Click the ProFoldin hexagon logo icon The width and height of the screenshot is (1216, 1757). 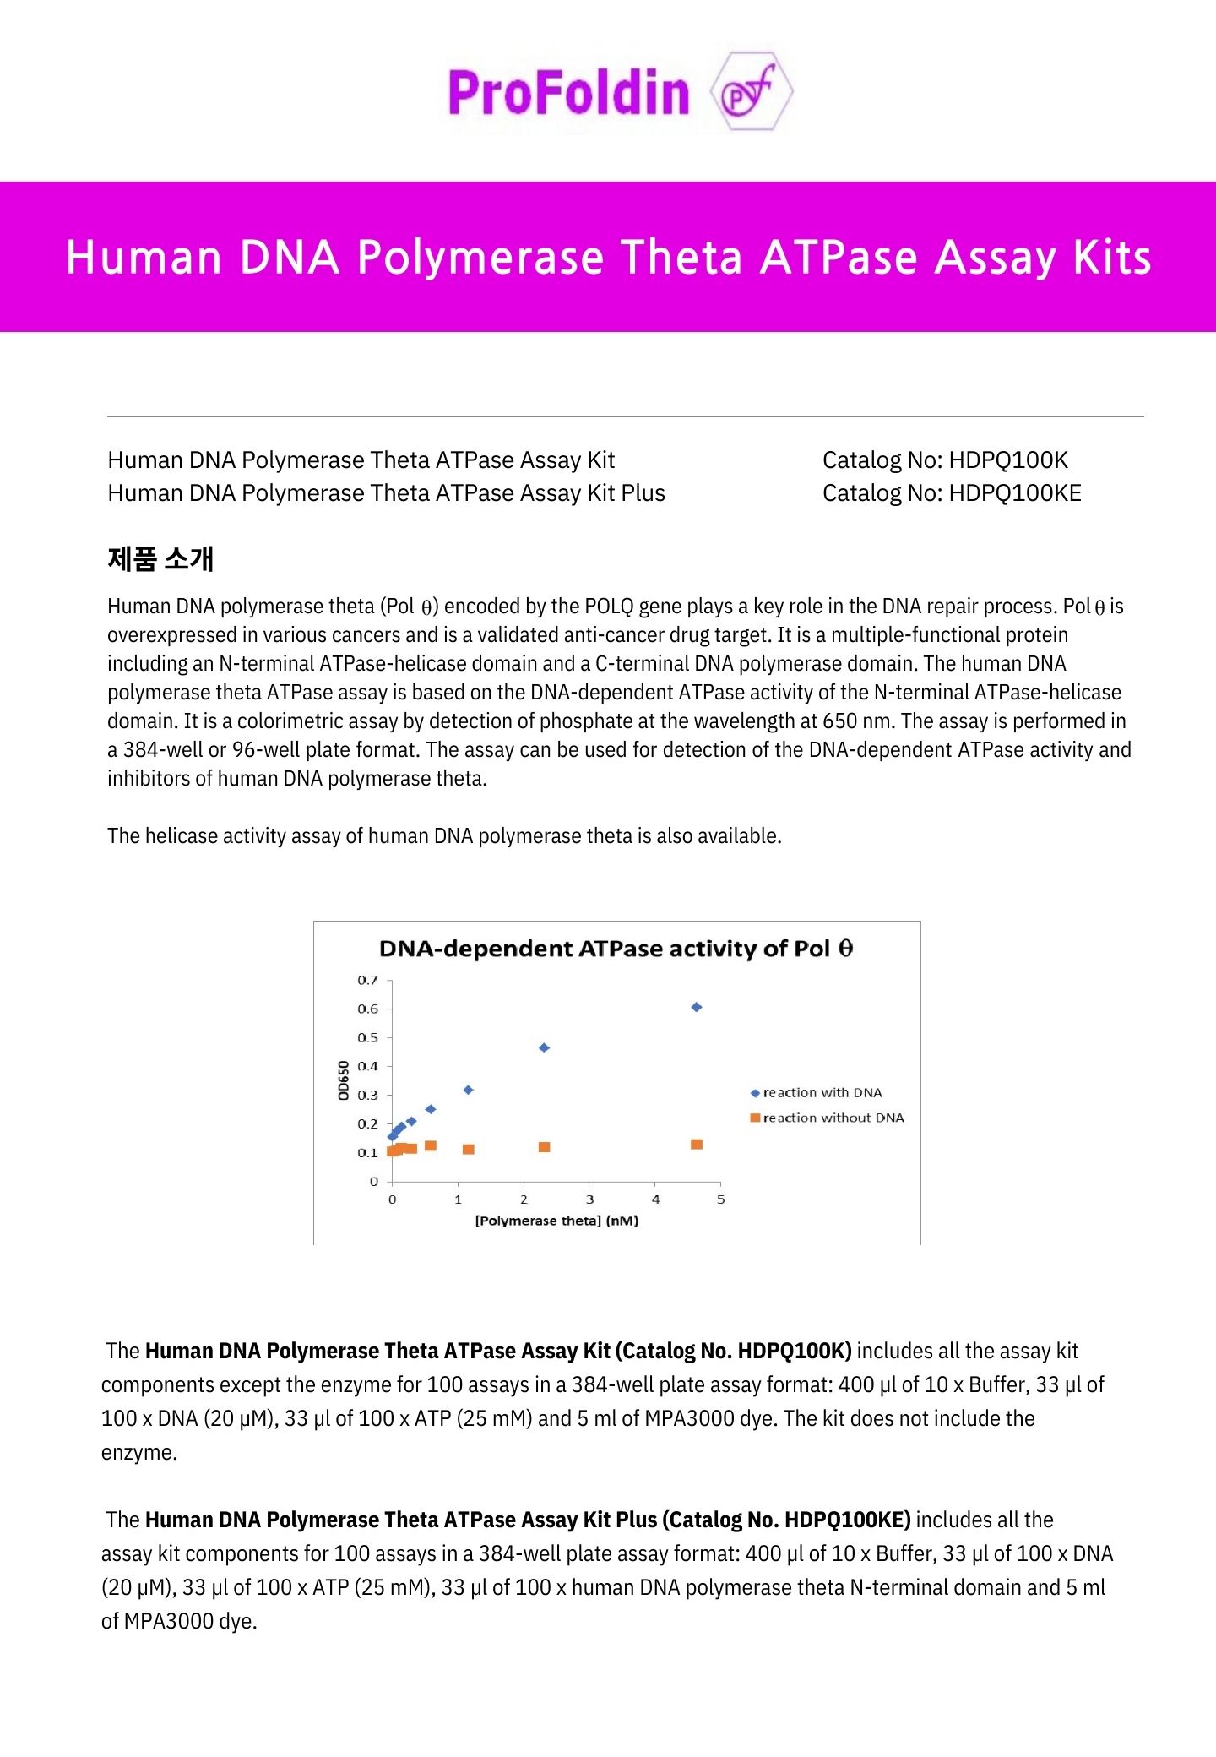(x=751, y=92)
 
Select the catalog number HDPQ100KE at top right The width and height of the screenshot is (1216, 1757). (x=1015, y=493)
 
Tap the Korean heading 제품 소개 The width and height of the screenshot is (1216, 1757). (x=160, y=558)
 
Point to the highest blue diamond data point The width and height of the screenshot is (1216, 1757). (x=697, y=1007)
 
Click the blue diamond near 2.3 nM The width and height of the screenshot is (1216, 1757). (x=544, y=1047)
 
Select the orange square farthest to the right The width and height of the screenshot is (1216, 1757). (x=697, y=1145)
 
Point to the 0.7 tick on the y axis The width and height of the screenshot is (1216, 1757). (x=367, y=980)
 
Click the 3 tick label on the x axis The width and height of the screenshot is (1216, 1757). (x=589, y=1199)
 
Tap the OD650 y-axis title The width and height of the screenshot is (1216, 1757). (x=343, y=1080)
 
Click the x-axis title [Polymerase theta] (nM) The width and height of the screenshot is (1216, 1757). (x=556, y=1221)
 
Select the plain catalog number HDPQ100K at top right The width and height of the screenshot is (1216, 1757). (x=1008, y=460)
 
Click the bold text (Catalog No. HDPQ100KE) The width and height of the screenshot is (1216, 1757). (x=786, y=1520)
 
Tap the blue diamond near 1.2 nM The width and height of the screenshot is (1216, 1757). (x=469, y=1090)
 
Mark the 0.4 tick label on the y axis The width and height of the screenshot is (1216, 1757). (x=367, y=1066)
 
